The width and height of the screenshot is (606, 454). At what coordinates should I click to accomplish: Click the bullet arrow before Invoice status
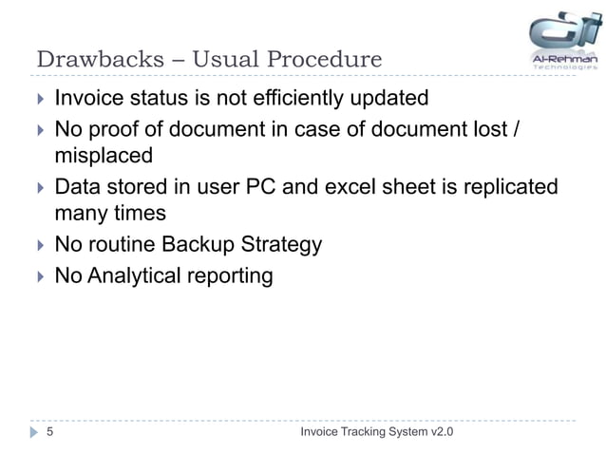tap(40, 99)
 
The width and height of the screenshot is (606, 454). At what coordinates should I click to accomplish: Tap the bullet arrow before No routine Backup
tap(40, 247)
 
